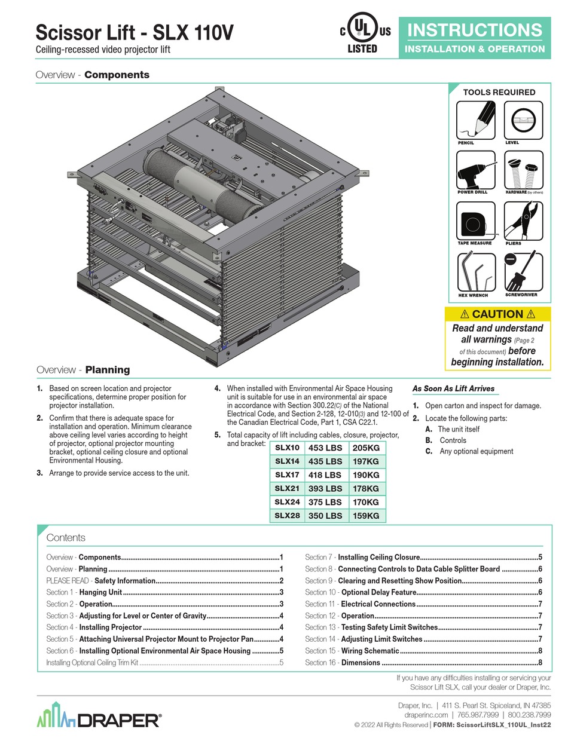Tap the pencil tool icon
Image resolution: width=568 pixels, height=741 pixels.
(476, 120)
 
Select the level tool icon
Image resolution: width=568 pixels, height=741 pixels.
(523, 120)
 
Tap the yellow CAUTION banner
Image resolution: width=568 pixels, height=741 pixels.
(497, 314)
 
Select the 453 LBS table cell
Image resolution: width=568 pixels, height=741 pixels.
(325, 448)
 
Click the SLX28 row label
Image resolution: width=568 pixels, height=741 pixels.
(287, 515)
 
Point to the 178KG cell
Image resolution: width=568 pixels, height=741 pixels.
(366, 488)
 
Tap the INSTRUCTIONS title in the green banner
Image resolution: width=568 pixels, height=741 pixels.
(475, 30)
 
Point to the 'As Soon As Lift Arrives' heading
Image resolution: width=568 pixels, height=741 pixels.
(453, 388)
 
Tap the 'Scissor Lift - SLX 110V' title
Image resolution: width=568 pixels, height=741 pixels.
(135, 32)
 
